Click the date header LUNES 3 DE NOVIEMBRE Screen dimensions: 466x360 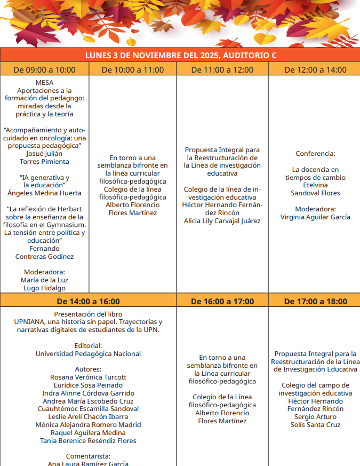click(180, 56)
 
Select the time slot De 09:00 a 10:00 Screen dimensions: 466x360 click(44, 69)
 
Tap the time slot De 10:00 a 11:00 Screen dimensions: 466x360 click(133, 69)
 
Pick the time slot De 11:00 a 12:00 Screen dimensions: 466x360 click(222, 69)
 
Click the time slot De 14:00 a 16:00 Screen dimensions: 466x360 click(89, 302)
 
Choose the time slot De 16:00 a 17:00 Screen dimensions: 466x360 click(222, 302)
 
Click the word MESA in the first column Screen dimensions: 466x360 click(44, 83)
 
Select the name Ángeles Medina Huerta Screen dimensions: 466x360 click(44, 193)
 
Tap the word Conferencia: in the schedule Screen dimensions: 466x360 click(315, 154)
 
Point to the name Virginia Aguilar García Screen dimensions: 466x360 click(315, 217)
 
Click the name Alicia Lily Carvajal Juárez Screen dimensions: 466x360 click(222, 221)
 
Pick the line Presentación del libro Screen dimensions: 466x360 click(89, 314)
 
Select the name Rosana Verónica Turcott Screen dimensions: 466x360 click(89, 377)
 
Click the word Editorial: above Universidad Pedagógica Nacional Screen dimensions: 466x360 click(89, 346)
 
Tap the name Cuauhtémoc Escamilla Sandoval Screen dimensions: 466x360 click(89, 409)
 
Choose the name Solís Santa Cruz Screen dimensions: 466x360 click(315, 425)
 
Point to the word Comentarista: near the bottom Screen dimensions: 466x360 click(89, 456)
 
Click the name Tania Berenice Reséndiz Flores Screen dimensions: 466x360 click(89, 441)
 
